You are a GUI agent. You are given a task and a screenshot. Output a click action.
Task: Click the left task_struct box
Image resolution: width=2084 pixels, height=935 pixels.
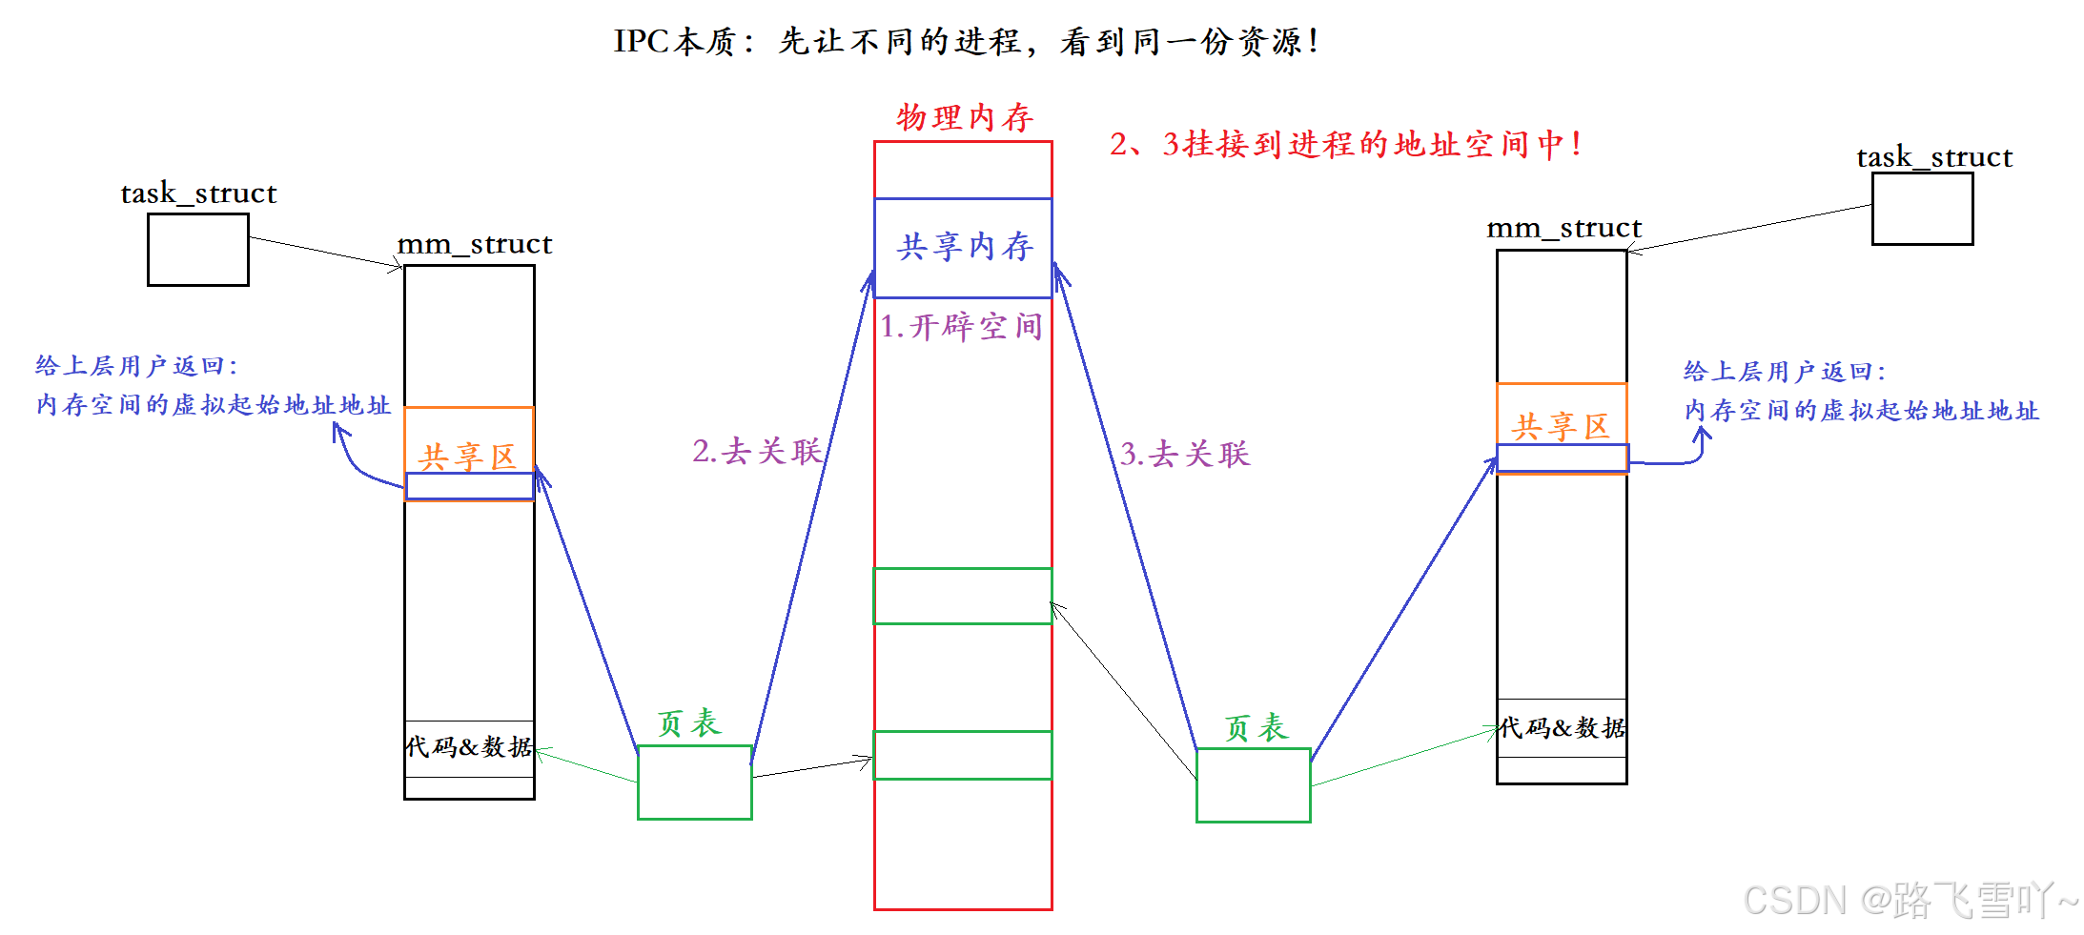coord(197,249)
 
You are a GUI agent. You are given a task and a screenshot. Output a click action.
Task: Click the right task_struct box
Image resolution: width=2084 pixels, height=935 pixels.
coord(1921,209)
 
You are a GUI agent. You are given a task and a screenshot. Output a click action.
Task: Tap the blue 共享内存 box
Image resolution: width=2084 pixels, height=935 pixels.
coord(963,247)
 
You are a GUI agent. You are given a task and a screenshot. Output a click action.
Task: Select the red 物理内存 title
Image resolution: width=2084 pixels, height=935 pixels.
coord(964,117)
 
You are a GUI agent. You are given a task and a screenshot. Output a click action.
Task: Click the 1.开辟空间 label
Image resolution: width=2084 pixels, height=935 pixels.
coord(960,327)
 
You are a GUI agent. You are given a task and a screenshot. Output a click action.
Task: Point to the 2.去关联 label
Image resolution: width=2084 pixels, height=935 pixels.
coord(757,451)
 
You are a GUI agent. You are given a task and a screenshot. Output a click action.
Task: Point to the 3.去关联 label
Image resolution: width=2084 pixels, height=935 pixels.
coord(1184,454)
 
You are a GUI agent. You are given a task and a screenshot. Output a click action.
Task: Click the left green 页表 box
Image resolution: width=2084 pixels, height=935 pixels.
coord(694,782)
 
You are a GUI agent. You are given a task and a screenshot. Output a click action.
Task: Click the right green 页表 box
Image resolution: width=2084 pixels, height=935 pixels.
coord(1253,784)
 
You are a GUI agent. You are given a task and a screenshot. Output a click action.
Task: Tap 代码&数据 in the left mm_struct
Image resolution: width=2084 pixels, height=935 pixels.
coord(468,746)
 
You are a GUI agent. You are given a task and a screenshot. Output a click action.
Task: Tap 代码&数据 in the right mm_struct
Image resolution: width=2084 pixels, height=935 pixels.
coord(1561,728)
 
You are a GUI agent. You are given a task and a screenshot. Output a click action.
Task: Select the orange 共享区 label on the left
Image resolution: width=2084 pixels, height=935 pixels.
coord(467,457)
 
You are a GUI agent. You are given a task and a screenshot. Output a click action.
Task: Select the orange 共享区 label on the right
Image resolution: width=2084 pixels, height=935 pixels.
coord(1560,426)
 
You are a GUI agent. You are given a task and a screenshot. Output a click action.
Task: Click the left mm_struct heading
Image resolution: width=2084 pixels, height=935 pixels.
coord(474,244)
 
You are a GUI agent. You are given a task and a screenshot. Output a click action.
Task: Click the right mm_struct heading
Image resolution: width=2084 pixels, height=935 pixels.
coord(1563,229)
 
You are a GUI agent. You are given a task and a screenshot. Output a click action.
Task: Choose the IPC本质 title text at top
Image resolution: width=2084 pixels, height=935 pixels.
coord(965,41)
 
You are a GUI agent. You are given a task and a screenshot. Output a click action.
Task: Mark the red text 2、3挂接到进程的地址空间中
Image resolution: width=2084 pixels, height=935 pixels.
coord(1344,144)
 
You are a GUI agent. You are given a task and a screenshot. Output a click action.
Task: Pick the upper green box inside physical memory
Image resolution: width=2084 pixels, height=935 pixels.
coord(963,596)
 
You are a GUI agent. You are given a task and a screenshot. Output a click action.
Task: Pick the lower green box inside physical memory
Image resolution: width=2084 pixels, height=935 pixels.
coord(963,755)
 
